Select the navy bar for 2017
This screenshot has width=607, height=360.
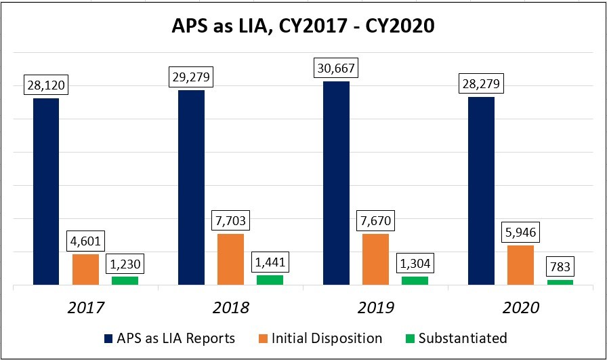[46, 191]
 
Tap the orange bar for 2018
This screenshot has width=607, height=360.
[230, 259]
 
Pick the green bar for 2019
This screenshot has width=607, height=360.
[415, 280]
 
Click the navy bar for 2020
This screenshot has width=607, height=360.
[481, 191]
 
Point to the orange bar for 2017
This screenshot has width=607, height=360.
[85, 269]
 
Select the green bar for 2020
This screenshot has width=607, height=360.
[560, 282]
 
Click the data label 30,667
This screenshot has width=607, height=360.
[336, 68]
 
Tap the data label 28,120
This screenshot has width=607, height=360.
[46, 85]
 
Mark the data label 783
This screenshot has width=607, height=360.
[560, 266]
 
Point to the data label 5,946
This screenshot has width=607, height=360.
[520, 232]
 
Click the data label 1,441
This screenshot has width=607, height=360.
[270, 262]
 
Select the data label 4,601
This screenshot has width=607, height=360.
[85, 241]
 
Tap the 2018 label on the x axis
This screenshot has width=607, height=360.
[230, 307]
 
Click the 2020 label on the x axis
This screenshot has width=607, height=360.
[520, 307]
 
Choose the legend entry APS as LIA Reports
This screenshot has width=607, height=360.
[169, 338]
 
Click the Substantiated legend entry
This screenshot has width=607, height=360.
[455, 338]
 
